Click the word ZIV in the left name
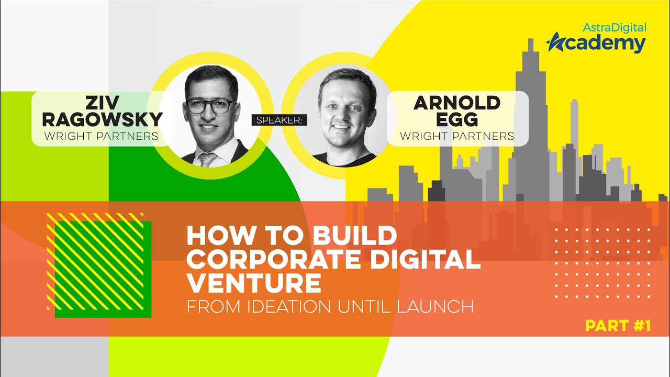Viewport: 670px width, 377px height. (102, 103)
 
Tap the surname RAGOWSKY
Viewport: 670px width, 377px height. (102, 119)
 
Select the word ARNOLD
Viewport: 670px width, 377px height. (457, 103)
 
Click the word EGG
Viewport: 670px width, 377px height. (457, 119)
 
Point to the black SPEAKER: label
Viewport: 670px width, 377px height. (279, 120)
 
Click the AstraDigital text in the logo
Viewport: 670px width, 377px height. (615, 28)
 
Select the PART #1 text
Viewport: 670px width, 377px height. (618, 326)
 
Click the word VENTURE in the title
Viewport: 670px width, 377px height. (254, 283)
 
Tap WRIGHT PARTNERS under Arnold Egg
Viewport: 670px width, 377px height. (457, 137)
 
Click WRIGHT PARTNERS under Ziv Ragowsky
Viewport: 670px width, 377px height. (102, 137)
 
